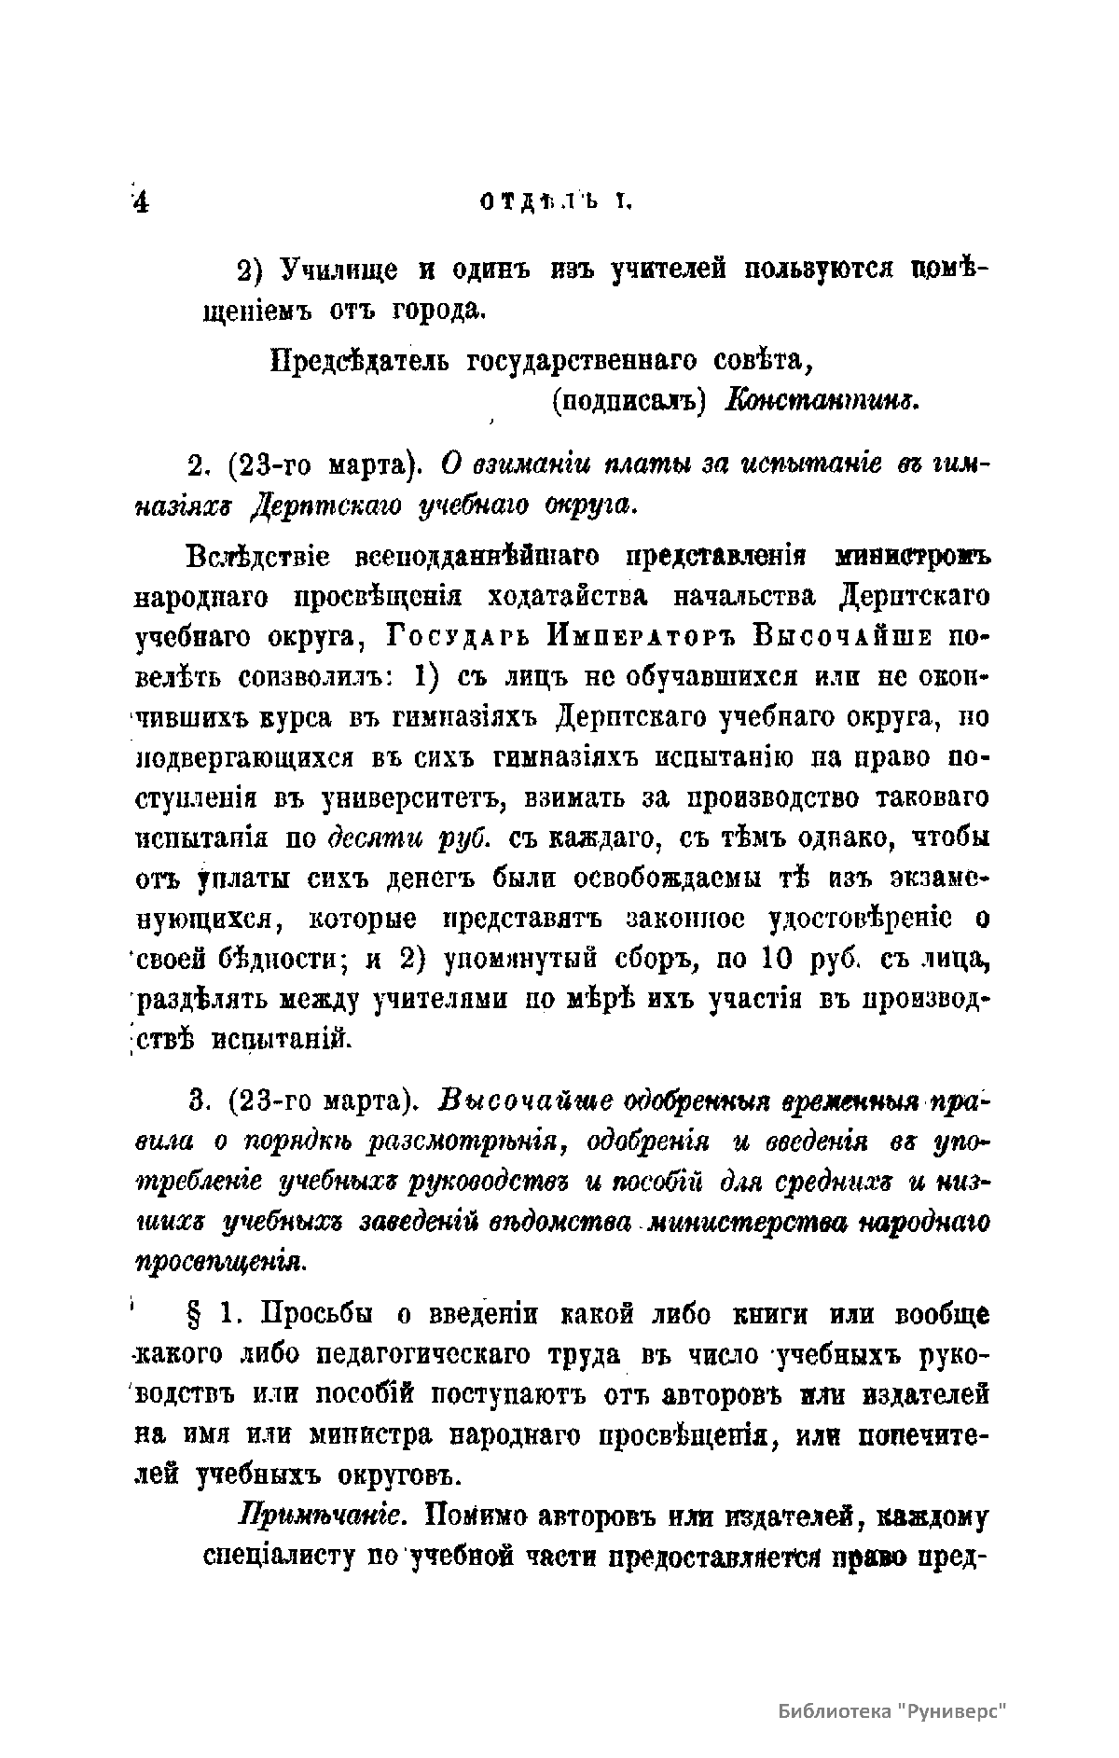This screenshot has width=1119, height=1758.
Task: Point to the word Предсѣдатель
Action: click(x=360, y=360)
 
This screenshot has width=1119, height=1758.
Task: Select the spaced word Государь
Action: click(x=454, y=638)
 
